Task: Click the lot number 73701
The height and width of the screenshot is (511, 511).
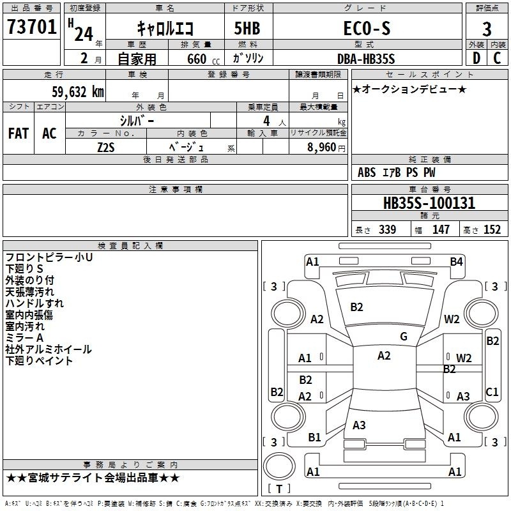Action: pos(31,27)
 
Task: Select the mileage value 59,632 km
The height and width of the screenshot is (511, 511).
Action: pos(78,92)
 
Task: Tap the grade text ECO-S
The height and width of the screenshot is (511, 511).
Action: pos(367,28)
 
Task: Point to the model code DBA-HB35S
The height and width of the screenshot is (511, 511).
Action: pos(366,59)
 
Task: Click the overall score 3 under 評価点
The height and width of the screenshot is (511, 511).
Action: pos(487,29)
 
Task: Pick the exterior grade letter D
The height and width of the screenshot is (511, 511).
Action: pos(477,58)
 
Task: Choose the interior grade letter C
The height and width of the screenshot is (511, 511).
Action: pos(497,58)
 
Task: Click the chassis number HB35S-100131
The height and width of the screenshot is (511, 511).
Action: pos(429,203)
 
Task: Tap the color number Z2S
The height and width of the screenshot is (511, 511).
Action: pos(106,148)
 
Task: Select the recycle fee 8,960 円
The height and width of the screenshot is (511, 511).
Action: pos(326,148)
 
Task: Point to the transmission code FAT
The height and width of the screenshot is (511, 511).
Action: pos(19,133)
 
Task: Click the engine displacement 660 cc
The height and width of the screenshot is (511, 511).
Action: pos(203,59)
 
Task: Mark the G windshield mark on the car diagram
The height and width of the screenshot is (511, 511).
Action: pos(404,337)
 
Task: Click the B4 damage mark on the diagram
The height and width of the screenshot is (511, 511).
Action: pos(456,262)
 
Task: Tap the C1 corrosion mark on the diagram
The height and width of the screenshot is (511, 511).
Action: pos(492,392)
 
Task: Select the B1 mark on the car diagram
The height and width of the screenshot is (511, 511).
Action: pos(314,438)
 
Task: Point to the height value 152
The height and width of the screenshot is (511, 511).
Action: pos(492,229)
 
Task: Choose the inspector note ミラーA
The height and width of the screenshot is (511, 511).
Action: pos(24,338)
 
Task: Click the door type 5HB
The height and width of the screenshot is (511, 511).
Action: pos(247,28)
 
